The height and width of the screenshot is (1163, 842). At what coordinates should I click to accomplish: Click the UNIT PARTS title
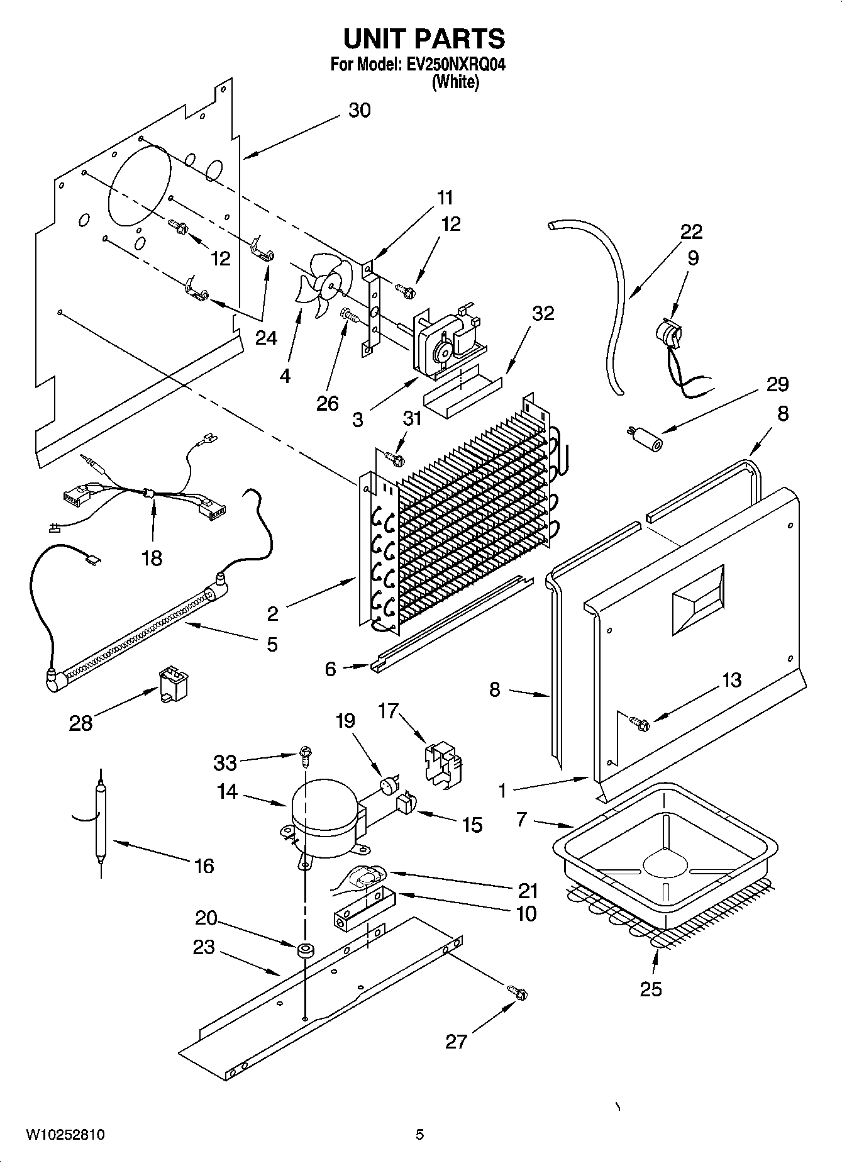coord(424,39)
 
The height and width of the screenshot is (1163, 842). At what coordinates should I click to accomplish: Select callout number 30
coord(359,110)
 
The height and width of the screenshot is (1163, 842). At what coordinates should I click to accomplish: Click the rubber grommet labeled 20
coord(306,950)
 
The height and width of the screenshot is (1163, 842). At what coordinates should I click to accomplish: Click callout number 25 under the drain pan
coord(651,989)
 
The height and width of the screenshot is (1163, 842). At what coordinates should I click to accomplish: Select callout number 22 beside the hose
coord(691,231)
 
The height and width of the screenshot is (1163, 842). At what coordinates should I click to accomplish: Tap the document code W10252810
coord(65,1135)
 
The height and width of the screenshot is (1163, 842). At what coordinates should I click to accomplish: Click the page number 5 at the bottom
coord(419,1135)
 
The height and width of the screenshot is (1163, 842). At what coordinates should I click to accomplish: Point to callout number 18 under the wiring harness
coord(152,558)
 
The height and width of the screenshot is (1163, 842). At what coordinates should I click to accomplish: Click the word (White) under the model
coord(455,82)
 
